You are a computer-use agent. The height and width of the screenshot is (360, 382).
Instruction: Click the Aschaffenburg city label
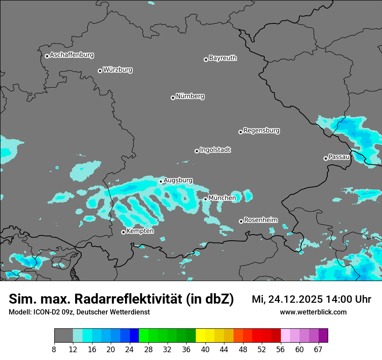tap(72, 55)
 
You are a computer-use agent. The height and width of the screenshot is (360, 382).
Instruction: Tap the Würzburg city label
tap(118, 70)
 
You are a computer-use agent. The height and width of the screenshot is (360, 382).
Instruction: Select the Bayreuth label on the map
tap(223, 58)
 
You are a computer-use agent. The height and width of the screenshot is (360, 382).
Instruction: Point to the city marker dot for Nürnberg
tap(173, 98)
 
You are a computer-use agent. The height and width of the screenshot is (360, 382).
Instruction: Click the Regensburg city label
tap(261, 131)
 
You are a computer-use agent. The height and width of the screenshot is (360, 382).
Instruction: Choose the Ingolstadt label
tap(215, 150)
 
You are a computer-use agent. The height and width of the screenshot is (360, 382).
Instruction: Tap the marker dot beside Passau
tap(326, 158)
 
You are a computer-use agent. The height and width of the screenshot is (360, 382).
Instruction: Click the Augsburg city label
tap(178, 180)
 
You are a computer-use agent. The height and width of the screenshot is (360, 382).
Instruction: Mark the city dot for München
tap(205, 200)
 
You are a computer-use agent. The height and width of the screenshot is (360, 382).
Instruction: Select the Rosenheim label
tap(260, 220)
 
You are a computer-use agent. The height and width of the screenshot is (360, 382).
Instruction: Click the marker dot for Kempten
tap(123, 232)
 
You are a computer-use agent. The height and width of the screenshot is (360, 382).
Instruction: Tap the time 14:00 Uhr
tap(347, 299)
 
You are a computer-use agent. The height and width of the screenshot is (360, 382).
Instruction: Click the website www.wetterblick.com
tap(313, 312)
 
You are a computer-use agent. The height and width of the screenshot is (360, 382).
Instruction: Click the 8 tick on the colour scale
tap(54, 350)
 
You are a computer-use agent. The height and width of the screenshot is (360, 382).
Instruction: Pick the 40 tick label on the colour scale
tap(205, 350)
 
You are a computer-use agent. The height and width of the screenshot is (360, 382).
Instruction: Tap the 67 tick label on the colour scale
tap(318, 350)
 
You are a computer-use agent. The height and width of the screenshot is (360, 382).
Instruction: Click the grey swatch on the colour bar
tap(63, 336)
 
